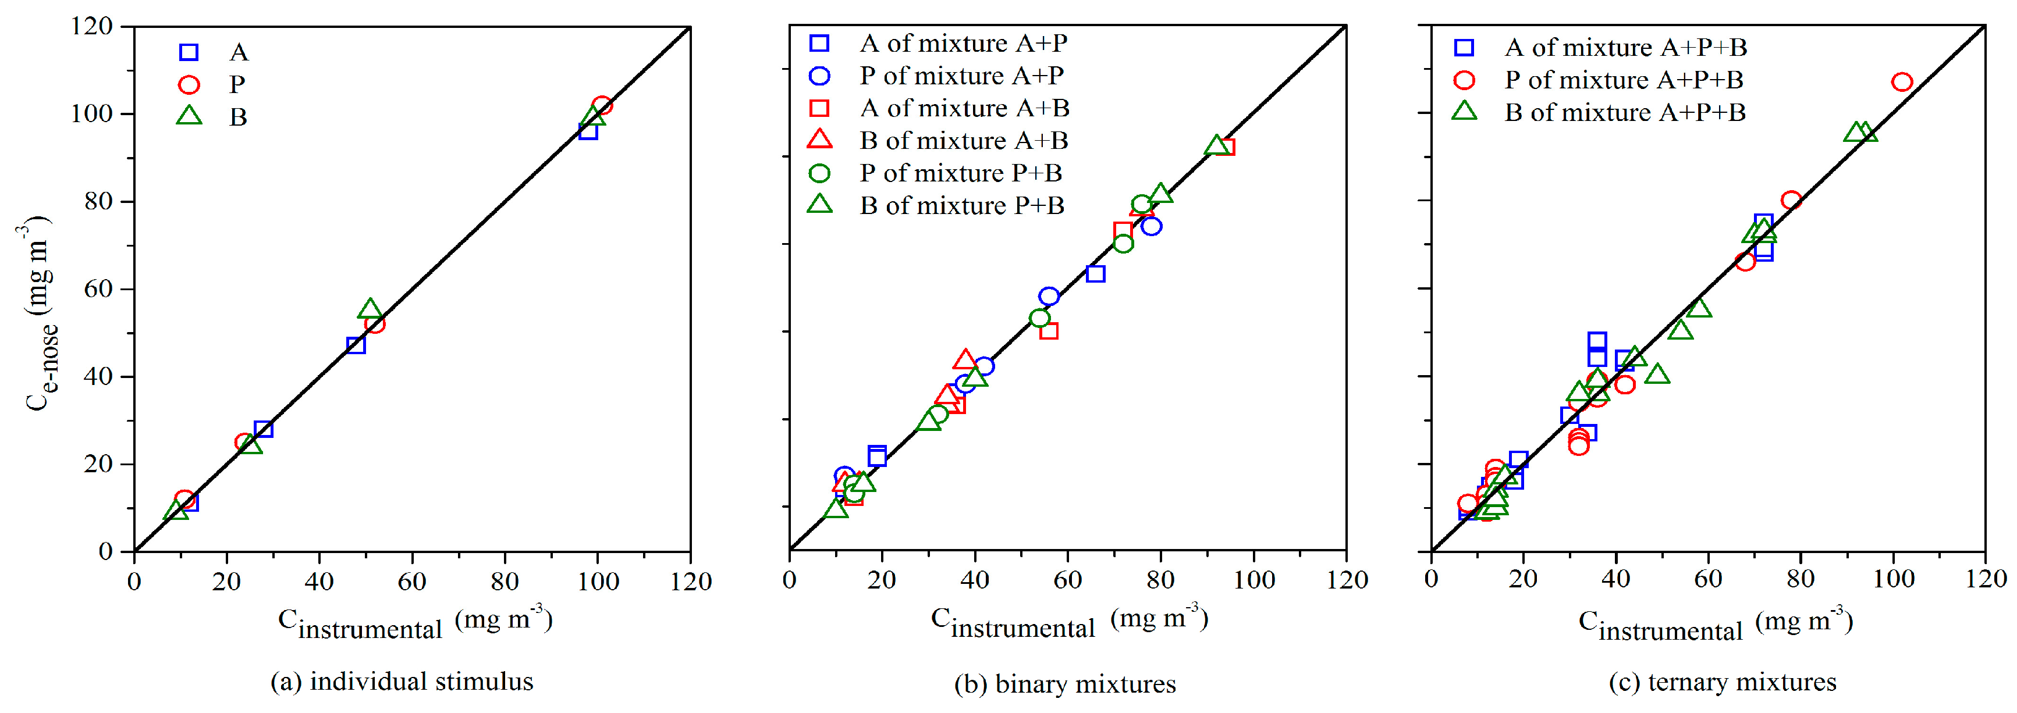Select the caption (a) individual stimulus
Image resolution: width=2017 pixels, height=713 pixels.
[x=402, y=681]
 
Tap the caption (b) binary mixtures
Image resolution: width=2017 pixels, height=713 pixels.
[x=1065, y=683]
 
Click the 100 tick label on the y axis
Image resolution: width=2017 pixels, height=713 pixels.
[x=91, y=113]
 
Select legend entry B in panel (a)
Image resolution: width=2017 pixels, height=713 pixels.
[x=238, y=117]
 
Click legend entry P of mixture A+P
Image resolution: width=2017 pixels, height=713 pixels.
[x=961, y=76]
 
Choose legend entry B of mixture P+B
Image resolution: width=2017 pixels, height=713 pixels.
[x=961, y=206]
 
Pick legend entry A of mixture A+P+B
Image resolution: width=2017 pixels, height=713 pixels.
[x=1625, y=48]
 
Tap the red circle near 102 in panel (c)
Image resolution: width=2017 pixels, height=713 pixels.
[x=1902, y=82]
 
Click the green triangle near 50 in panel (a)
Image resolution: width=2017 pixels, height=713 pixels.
[x=370, y=309]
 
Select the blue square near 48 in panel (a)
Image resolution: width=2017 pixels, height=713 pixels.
[x=356, y=345]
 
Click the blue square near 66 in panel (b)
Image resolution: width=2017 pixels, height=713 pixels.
[x=1095, y=274]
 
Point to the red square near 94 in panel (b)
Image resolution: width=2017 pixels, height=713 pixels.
[x=1226, y=147]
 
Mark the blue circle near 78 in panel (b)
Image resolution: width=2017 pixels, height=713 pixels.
[x=1151, y=226]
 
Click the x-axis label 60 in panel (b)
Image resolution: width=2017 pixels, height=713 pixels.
[x=1067, y=580]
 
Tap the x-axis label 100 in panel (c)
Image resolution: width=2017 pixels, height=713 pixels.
[x=1892, y=579]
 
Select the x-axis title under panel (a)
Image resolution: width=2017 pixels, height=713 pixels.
[x=415, y=623]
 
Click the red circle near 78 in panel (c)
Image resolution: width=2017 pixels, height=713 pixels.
[x=1791, y=201]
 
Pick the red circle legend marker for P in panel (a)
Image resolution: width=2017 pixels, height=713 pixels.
[x=189, y=84]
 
